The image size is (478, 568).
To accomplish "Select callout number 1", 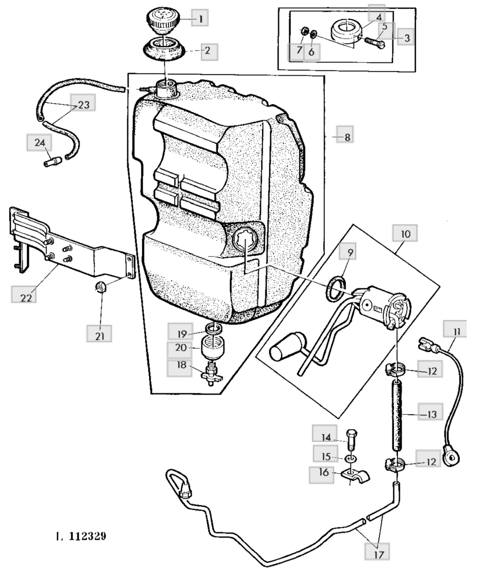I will [200, 18].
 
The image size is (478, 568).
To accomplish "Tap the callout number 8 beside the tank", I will [347, 137].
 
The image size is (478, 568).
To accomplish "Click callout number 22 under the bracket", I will [25, 298].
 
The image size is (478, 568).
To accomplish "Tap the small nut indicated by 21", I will [101, 286].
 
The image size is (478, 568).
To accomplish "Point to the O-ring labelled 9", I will [333, 288].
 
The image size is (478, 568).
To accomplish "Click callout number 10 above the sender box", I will [405, 234].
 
